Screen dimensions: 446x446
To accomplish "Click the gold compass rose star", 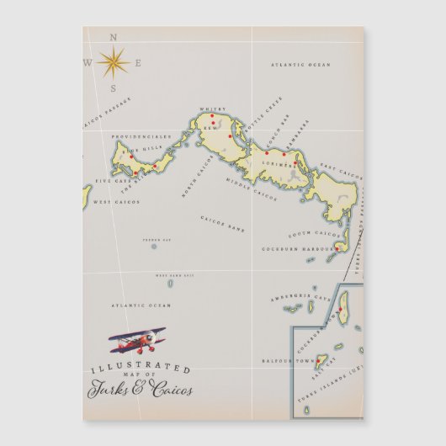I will tap(112, 61).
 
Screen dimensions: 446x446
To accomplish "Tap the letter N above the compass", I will tap(114, 37).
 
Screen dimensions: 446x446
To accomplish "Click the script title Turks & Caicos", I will tap(139, 389).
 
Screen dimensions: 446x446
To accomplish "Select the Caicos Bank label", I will tap(222, 223).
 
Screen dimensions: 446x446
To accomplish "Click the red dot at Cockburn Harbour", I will tap(337, 247).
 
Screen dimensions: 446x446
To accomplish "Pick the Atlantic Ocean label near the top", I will tap(300, 64).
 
